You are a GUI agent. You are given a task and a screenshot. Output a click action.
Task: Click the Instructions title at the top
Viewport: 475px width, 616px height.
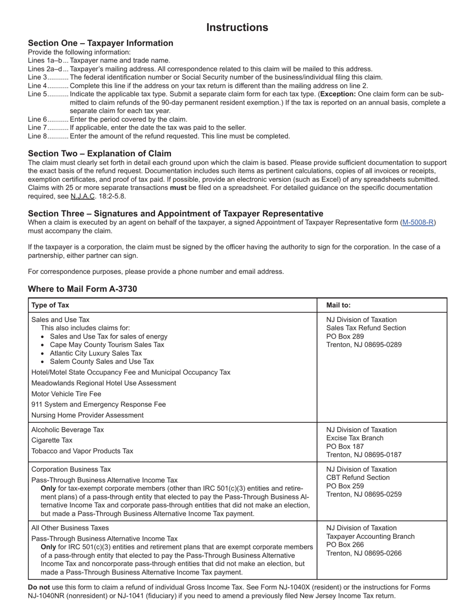coord(237,28)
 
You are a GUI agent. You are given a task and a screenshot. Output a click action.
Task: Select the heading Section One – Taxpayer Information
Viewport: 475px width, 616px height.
coord(100,43)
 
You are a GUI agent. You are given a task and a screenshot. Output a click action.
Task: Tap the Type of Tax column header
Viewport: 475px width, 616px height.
coord(50,305)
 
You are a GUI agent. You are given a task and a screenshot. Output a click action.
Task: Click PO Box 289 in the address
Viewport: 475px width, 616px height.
coord(345,337)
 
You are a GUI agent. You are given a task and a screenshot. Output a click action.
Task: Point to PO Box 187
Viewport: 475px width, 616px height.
coord(345,446)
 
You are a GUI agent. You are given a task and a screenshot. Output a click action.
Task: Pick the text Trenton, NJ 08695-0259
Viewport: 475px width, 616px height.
coord(363,494)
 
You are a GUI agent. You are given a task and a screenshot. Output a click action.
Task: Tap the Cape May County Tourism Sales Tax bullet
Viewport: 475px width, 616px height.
coord(106,345)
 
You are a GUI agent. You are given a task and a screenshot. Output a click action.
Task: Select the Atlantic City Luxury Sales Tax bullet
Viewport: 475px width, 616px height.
coord(95,353)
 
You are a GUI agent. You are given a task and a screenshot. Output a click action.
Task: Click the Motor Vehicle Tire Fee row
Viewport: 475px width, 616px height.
coord(66,394)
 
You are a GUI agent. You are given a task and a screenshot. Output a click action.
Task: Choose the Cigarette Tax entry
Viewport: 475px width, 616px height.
coord(51,440)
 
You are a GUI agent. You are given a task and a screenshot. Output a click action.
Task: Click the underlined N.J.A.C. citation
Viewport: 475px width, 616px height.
coord(82,196)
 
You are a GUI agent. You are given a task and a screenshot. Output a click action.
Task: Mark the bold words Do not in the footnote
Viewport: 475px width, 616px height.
coord(39,587)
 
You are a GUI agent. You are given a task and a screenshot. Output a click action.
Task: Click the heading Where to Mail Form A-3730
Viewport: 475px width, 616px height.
coord(82,289)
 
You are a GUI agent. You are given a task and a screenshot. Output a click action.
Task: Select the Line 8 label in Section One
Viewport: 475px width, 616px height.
coord(37,136)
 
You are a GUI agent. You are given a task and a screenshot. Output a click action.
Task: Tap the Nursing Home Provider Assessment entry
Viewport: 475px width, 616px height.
coord(87,415)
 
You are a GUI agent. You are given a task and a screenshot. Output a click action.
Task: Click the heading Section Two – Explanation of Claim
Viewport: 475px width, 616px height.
coord(99,154)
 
